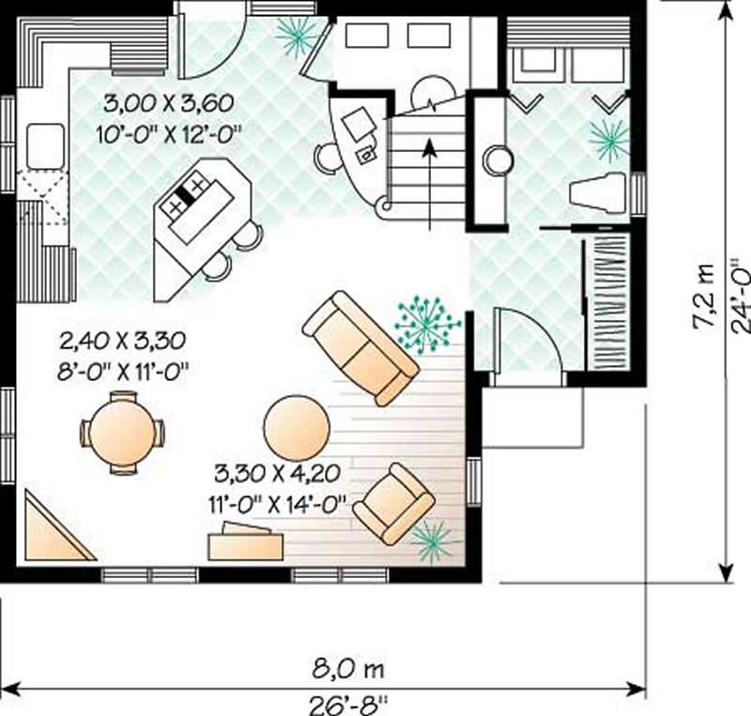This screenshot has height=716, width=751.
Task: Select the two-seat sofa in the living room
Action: coord(360,347)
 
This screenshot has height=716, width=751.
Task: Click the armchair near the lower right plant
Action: coord(392,503)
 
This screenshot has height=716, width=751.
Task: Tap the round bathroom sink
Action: coord(497,160)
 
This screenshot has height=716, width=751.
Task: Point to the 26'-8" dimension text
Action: coord(347,701)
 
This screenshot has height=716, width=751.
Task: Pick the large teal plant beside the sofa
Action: coord(426,323)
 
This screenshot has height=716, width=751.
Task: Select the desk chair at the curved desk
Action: coord(328,156)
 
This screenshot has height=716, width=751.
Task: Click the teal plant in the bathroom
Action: coord(609,139)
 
